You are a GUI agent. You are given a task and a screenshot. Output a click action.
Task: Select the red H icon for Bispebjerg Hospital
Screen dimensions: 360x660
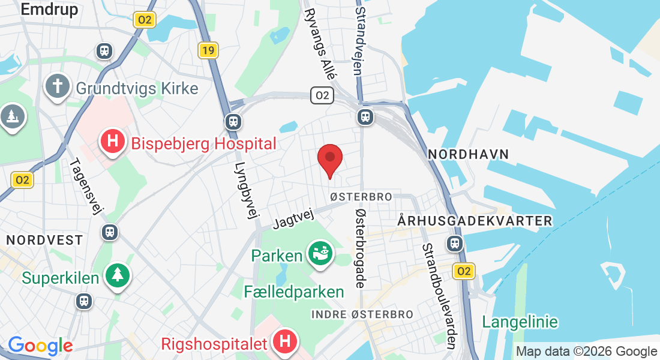pos(112,143)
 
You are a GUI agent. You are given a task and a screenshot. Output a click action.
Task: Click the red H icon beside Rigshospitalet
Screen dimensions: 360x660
pos(285,342)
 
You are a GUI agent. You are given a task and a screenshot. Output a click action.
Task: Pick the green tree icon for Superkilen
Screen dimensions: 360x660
pos(118,275)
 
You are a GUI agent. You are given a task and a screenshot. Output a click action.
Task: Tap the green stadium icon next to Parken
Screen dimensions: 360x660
pos(320,254)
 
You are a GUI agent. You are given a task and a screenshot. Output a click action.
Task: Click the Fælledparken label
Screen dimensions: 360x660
pos(294,292)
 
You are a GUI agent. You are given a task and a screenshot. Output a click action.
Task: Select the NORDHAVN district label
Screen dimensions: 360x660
pos(469,155)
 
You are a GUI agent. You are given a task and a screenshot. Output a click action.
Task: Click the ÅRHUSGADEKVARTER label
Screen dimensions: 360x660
pos(475,221)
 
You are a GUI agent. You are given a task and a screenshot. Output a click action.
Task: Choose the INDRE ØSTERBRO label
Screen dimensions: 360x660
pos(362,314)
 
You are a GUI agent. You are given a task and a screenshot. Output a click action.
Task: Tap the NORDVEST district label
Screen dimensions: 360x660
pos(44,240)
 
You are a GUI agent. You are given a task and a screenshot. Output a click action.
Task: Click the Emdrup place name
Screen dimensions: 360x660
pos(49,10)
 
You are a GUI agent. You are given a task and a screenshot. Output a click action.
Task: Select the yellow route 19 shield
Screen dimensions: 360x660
pos(208,50)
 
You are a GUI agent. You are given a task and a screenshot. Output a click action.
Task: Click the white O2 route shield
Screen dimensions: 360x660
pos(322,95)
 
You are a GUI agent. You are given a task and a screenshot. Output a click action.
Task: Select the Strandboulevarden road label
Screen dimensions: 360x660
pos(439,296)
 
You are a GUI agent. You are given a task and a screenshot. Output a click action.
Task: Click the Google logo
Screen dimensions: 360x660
pos(40,346)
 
